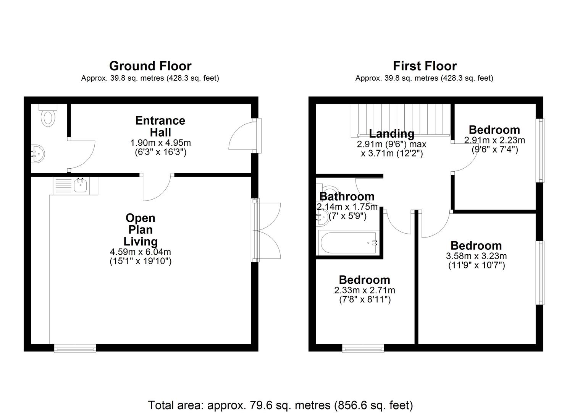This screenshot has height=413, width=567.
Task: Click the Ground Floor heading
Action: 150,66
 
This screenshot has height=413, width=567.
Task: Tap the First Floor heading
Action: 425,66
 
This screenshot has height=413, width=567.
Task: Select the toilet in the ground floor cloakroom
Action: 48,115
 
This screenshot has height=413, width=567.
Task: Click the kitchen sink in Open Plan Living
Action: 76,186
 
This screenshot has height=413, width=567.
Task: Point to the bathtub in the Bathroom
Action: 349,243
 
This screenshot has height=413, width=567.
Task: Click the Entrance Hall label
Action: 160,126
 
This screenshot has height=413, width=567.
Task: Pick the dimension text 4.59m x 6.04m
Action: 141,252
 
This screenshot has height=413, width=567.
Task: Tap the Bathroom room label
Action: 347,197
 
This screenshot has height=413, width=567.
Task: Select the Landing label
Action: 392,133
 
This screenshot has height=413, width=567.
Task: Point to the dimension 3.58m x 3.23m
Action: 477,256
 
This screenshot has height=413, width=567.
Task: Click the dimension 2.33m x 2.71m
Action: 365,290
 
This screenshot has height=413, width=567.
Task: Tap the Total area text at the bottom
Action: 281,405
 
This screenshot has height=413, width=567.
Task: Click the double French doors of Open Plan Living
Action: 266,230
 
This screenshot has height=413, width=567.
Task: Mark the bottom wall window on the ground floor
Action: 75,348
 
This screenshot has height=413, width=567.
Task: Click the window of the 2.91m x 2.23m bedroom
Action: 540,150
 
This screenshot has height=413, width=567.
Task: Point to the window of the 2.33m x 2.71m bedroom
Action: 363,348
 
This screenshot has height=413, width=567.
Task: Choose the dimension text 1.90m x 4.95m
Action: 160,143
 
